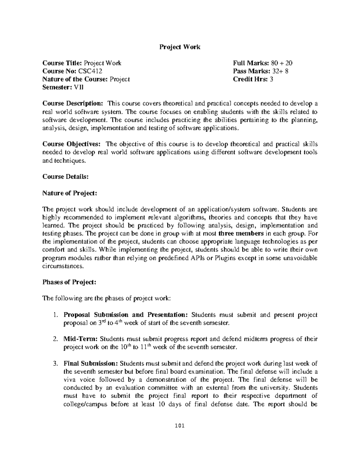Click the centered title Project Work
tap(179, 47)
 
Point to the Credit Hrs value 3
tap(271, 79)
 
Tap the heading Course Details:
tap(65, 176)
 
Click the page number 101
tap(180, 426)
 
